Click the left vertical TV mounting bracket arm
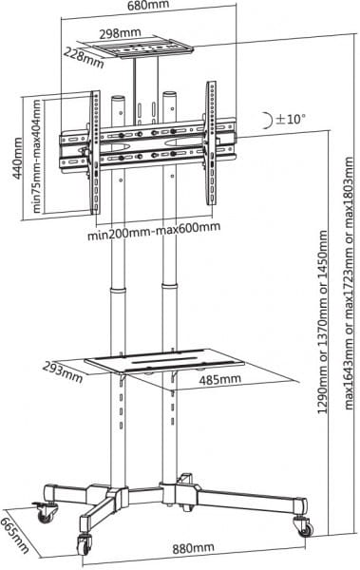(96, 152)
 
